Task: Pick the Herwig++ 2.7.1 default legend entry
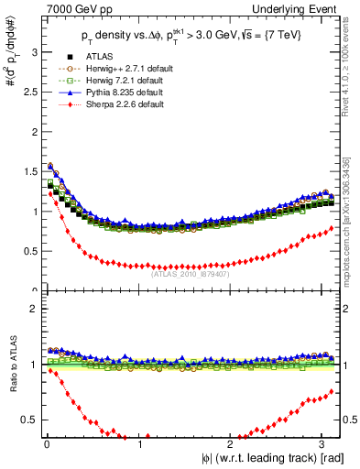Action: click(124, 69)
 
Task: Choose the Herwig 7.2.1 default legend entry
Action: click(122, 81)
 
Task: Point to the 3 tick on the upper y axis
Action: click(33, 52)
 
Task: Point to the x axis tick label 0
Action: click(46, 445)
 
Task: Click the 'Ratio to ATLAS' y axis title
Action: click(11, 365)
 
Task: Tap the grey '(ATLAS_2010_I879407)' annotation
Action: click(190, 272)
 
